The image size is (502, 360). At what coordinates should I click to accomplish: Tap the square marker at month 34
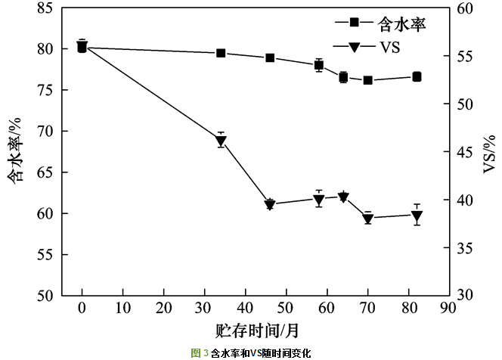(221, 53)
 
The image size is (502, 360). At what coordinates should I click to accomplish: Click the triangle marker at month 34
(221, 140)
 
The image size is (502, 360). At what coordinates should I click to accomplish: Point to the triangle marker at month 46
(270, 204)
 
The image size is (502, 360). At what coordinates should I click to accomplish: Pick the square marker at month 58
(319, 65)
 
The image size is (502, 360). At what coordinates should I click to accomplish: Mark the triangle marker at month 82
(417, 216)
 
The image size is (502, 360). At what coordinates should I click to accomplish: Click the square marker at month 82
(417, 76)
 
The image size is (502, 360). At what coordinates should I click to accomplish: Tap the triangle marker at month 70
(367, 219)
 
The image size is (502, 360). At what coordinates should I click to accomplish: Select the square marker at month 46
(270, 58)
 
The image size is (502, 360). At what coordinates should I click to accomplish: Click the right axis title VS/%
(488, 152)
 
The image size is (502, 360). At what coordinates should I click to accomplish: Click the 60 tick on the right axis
(464, 8)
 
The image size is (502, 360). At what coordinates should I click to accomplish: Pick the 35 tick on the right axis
(464, 248)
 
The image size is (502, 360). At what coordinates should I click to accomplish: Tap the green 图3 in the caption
(200, 352)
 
